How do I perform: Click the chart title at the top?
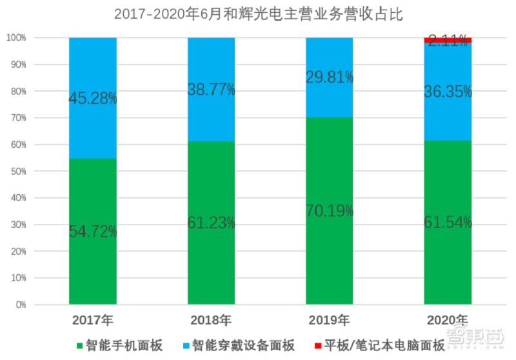point(258,14)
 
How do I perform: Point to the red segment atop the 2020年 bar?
point(448,40)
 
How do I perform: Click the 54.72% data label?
point(93,232)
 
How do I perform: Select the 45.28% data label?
point(93,99)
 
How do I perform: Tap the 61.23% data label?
point(211,223)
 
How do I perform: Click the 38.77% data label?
point(211,90)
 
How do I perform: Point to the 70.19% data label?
point(329,210)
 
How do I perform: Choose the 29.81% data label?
point(329,77)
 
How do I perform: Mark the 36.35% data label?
point(448,92)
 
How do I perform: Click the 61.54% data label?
point(448,223)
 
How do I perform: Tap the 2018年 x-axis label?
point(211,320)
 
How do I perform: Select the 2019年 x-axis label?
point(329,320)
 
